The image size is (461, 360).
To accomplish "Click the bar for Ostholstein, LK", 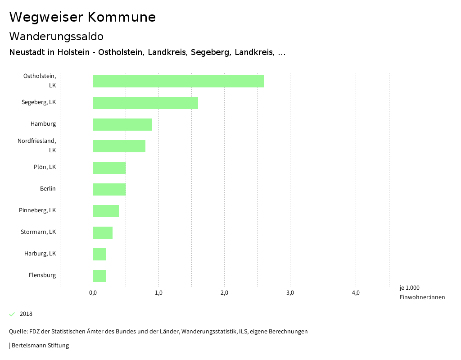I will (x=178, y=81).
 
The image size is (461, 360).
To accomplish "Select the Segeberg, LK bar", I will (x=145, y=103).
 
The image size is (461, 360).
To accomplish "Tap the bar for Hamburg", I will (x=122, y=124).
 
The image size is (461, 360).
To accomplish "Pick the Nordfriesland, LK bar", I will (x=119, y=146).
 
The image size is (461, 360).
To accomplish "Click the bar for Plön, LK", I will (x=109, y=168).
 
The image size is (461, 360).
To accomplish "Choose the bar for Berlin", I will (x=109, y=189).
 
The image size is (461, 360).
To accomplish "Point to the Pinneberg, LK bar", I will (x=106, y=211).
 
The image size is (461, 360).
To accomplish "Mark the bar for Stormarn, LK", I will (x=102, y=232).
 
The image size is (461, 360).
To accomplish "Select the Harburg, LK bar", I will (x=99, y=254).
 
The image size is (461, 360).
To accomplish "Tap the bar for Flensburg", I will (x=99, y=276).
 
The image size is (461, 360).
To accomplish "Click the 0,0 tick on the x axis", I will (x=93, y=293).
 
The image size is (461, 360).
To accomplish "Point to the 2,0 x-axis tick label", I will (x=224, y=293).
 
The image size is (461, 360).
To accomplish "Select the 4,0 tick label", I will (x=356, y=293).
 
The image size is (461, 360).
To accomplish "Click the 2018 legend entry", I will (x=26, y=314).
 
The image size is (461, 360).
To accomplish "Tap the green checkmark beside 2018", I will (x=12, y=314).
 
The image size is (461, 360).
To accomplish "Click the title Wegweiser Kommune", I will (x=82, y=17).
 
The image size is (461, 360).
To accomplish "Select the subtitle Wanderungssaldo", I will (x=56, y=36).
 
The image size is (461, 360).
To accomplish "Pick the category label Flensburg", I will (x=42, y=275).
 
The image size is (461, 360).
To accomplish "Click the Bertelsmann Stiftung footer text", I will (x=40, y=346).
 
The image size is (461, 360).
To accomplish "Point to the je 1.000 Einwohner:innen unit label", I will (x=422, y=292).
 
